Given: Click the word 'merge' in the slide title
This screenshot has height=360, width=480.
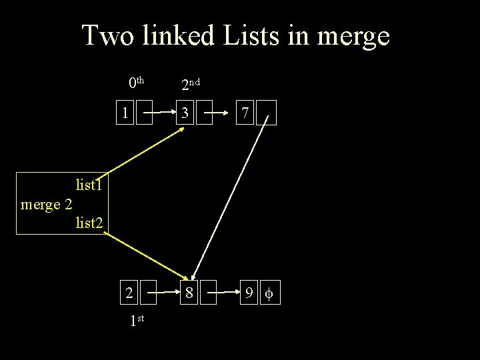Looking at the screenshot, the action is point(354,36).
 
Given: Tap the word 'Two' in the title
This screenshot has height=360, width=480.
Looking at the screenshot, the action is point(107,36).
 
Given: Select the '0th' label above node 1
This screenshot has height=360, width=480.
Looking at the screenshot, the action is point(136,83).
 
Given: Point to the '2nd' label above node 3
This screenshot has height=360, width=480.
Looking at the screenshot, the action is point(191,84).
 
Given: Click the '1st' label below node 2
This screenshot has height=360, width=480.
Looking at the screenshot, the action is point(137,321).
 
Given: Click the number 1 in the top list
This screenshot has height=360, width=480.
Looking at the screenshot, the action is point(125,114).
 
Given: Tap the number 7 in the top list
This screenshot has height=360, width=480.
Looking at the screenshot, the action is point(245,114).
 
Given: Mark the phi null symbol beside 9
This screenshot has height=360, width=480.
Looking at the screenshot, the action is point(269,293).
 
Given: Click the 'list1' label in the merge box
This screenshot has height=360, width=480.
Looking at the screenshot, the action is point(89,183).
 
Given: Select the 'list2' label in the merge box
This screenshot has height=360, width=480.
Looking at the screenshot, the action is point(89,223).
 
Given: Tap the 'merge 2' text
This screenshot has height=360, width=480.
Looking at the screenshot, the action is point(46,203).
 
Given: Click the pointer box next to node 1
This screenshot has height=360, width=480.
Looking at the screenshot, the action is point(145,114).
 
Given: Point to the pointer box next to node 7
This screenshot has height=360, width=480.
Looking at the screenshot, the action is point(267,114).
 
